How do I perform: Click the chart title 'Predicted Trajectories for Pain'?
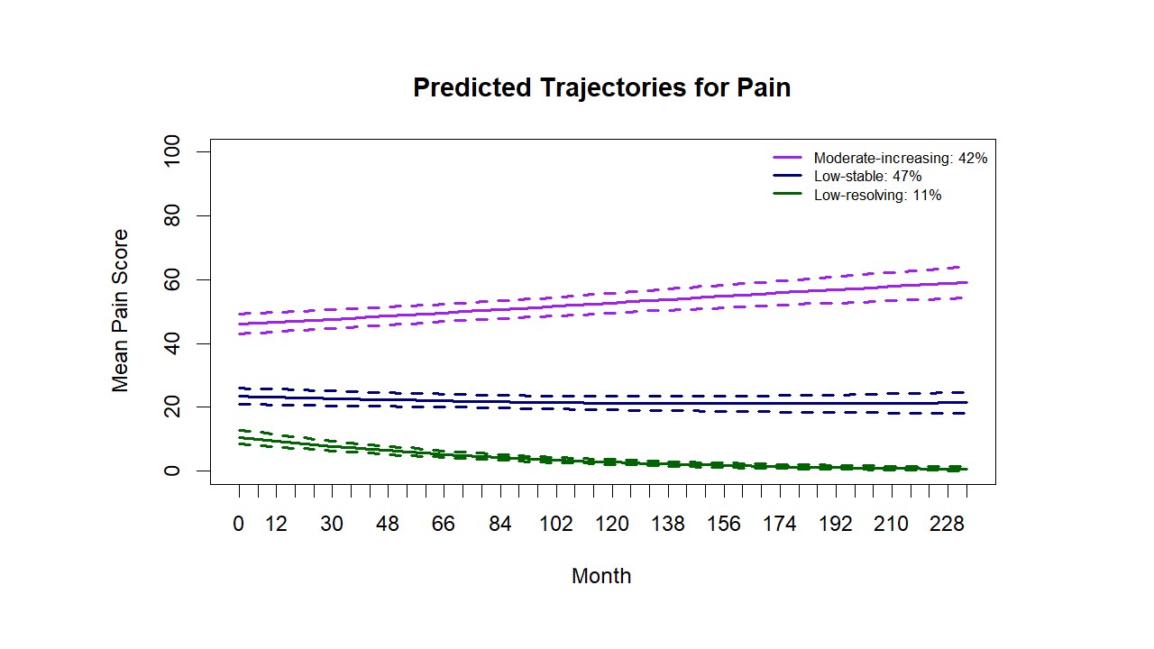(x=601, y=87)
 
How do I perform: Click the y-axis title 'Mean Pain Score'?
(x=121, y=310)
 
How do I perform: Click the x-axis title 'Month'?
(x=601, y=576)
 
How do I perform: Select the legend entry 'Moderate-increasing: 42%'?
(x=900, y=158)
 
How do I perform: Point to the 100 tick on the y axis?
(x=172, y=152)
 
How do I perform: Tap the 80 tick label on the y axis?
(x=172, y=216)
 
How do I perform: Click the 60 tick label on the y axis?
(x=172, y=280)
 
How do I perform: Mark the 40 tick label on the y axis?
(x=172, y=344)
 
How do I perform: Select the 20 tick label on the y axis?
(x=172, y=407)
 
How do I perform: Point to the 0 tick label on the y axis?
(x=172, y=471)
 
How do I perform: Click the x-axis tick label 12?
(x=276, y=525)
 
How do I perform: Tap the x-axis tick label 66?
(x=444, y=525)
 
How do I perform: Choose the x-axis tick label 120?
(x=612, y=525)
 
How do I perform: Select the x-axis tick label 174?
(x=780, y=525)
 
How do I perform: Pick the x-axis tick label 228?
(x=948, y=525)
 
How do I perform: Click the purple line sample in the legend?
(x=788, y=158)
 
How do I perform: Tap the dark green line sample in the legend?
(x=788, y=195)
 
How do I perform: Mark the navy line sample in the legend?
(x=788, y=177)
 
